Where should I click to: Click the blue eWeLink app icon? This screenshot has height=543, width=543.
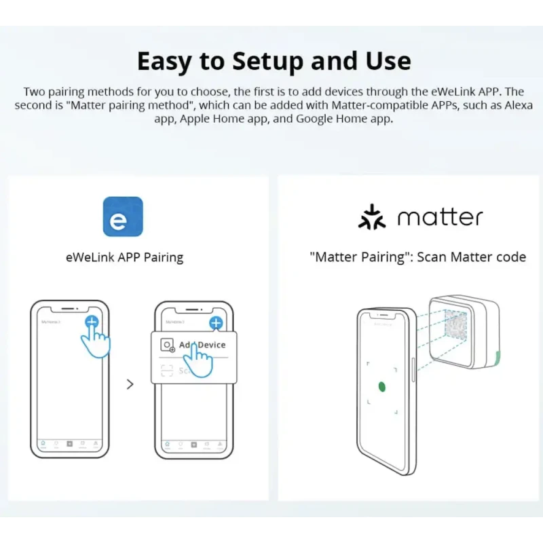[x=122, y=217]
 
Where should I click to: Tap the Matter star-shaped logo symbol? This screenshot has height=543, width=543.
[x=371, y=217]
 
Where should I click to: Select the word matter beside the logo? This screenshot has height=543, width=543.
[x=440, y=218]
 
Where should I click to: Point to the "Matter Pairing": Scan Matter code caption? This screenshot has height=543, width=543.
[x=417, y=257]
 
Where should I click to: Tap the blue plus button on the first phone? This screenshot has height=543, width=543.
[x=92, y=322]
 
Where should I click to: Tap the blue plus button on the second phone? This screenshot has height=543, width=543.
[x=216, y=323]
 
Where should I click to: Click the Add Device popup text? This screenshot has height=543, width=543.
[x=202, y=345]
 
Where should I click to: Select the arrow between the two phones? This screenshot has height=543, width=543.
[x=130, y=384]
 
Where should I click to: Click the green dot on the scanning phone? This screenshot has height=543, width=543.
[x=381, y=386]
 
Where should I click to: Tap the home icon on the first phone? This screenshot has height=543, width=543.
[x=43, y=445]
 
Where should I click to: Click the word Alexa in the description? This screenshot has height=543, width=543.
[x=518, y=105]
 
